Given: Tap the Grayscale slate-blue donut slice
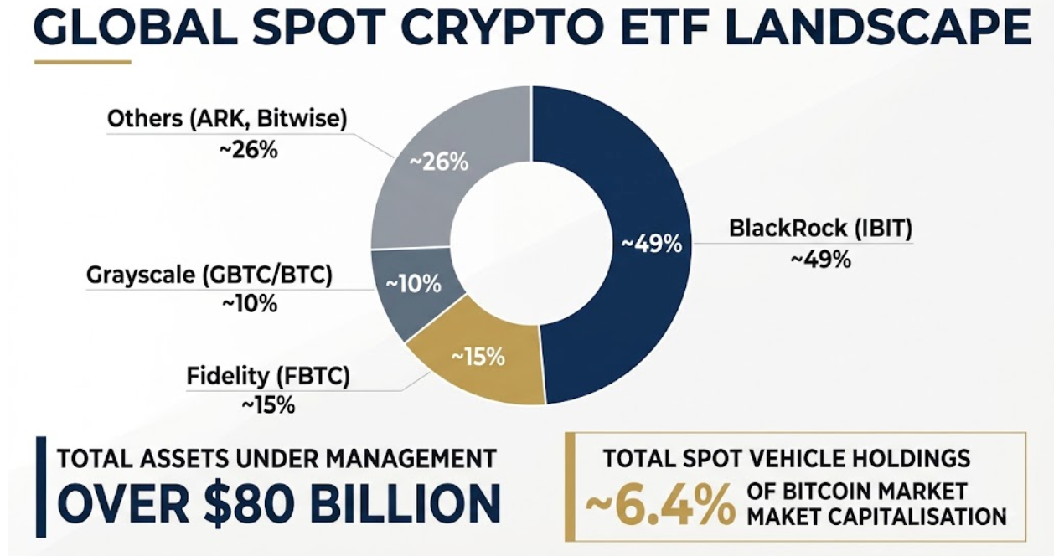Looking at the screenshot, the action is point(411,288).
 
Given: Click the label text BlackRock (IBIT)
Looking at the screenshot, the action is point(820,228).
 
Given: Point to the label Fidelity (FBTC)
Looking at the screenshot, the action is point(268,376).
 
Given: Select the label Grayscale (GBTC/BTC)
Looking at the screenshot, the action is point(209,275).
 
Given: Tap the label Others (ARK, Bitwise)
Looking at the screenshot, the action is point(227,119).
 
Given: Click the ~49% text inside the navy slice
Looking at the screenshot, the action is point(651,245).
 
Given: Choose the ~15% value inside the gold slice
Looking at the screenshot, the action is point(478,358).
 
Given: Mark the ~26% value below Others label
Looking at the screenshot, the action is point(248,150).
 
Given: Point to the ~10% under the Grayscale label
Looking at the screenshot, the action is point(250,303).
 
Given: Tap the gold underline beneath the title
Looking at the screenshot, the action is point(83,62).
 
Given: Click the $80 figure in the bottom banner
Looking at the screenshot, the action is point(251,502).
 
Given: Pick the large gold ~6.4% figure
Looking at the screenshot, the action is point(660,506).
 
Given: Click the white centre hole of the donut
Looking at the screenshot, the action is point(531,245).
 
